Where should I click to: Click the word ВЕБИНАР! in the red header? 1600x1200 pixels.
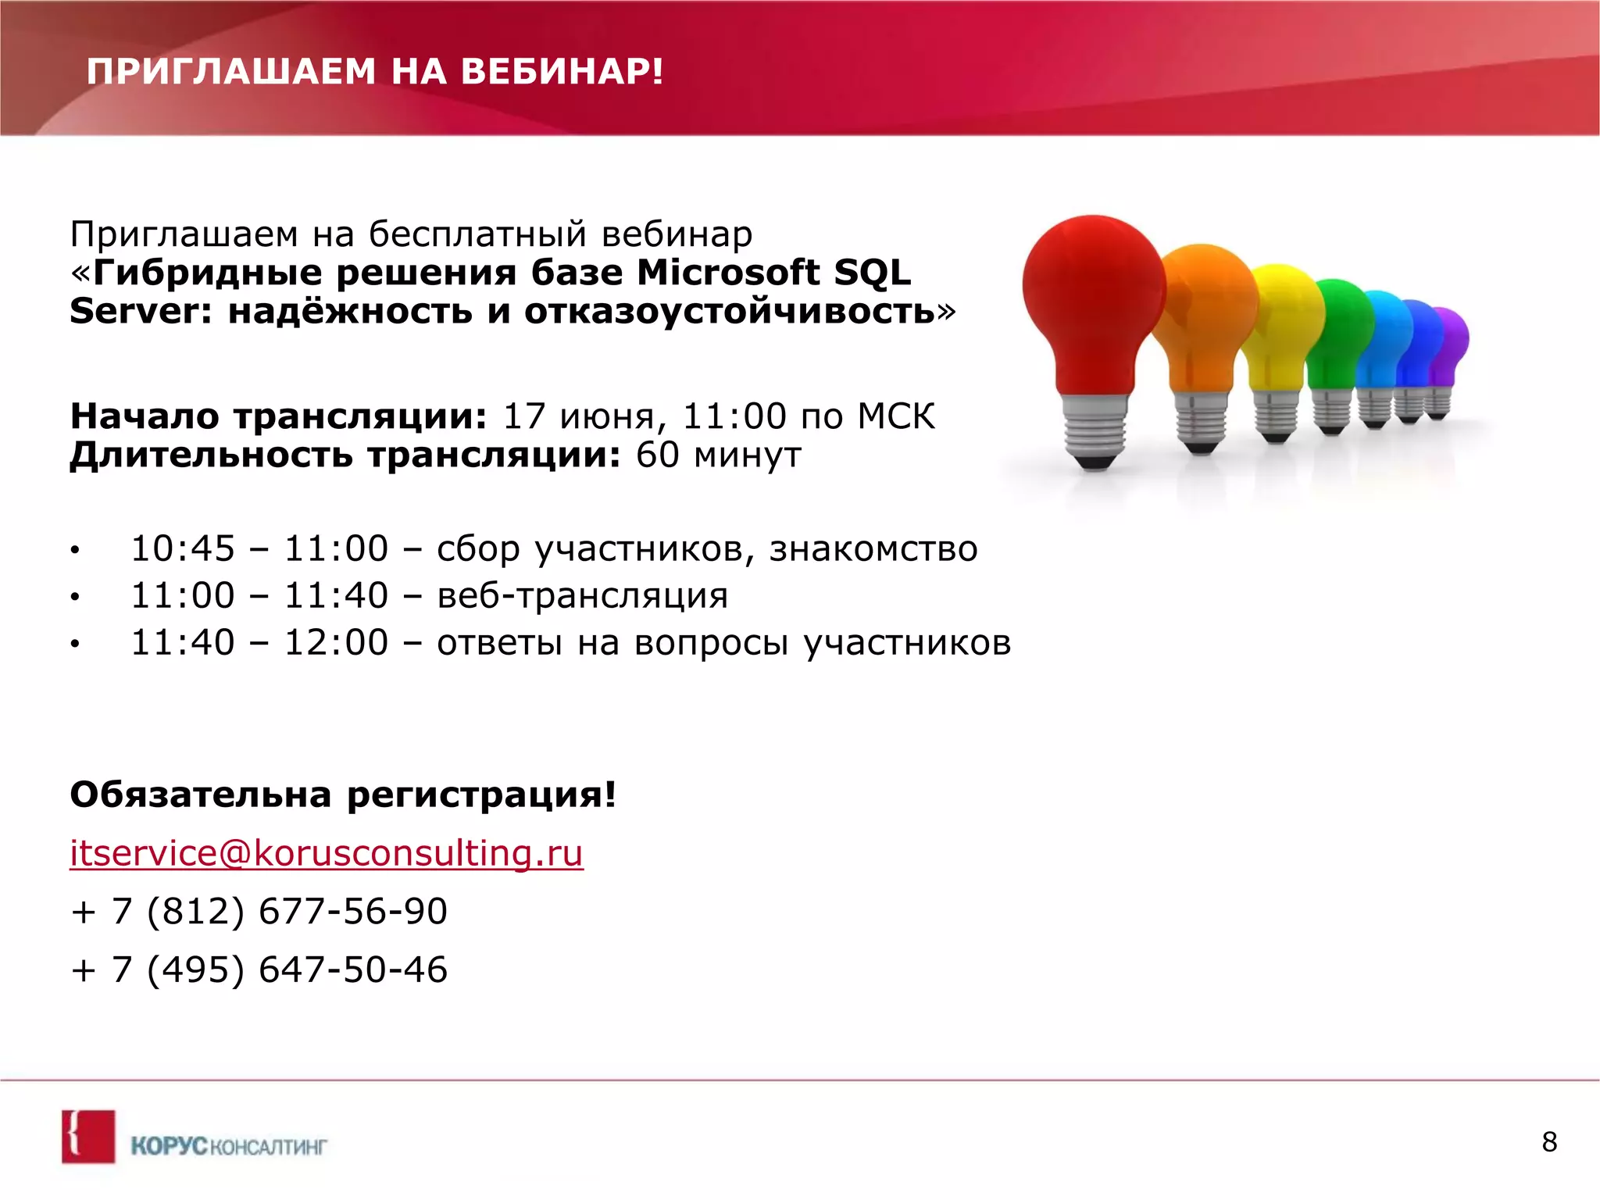[562, 72]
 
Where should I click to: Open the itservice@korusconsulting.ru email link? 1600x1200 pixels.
[327, 853]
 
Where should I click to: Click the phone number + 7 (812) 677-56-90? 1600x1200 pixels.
[259, 912]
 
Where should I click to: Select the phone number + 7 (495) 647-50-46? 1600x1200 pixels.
[259, 970]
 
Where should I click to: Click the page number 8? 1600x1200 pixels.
[1549, 1142]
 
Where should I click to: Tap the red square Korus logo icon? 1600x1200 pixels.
[88, 1137]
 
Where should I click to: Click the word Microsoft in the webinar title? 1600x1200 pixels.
[728, 273]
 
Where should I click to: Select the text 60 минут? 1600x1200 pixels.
[718, 455]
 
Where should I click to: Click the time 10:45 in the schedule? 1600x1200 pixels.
[183, 548]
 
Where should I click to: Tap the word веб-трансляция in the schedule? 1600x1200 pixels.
[582, 596]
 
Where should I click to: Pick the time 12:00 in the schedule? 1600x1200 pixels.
[336, 643]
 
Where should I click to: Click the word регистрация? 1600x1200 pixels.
[481, 795]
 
